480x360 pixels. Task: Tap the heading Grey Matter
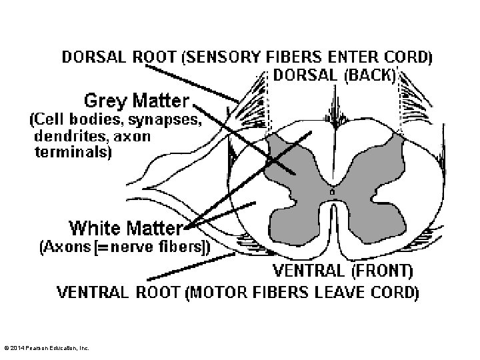136,101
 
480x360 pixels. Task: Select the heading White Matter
125,229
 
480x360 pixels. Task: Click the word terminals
73,151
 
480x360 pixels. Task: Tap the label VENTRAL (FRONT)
343,271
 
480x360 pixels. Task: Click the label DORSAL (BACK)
335,75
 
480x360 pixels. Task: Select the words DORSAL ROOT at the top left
120,57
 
